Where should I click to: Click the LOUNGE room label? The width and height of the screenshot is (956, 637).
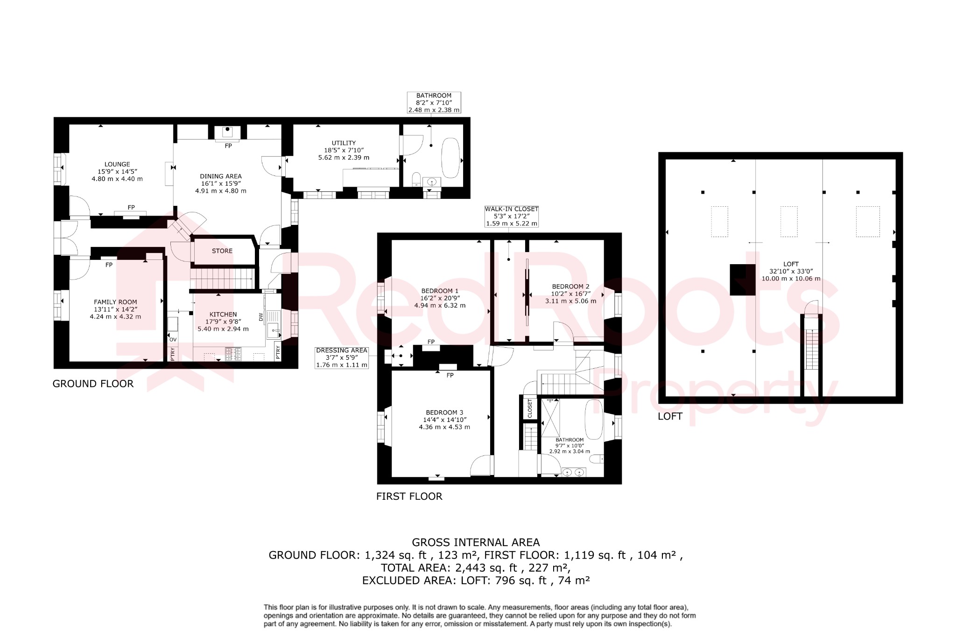(x=117, y=164)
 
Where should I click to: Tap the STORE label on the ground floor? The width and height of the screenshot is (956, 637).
(x=222, y=251)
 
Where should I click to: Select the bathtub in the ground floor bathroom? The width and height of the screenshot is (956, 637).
(x=450, y=157)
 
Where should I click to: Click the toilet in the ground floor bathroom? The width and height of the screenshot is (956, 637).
(x=416, y=180)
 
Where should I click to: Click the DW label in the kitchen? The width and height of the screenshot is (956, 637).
(x=261, y=316)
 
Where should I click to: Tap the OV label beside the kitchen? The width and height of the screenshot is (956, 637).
(x=173, y=339)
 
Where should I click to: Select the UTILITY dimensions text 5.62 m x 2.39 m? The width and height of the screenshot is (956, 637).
(x=344, y=158)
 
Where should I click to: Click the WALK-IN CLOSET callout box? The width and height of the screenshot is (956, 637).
(x=512, y=217)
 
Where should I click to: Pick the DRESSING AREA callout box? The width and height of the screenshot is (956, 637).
(x=342, y=358)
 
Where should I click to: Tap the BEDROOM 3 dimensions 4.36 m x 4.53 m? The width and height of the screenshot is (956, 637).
(x=444, y=427)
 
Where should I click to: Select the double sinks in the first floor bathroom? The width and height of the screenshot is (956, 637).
(x=573, y=473)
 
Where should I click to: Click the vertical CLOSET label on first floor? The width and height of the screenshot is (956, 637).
(x=530, y=408)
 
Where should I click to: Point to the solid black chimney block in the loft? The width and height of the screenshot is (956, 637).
(x=742, y=280)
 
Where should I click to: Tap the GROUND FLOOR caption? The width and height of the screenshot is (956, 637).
(x=93, y=384)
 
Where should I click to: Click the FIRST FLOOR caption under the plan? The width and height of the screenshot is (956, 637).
(x=409, y=497)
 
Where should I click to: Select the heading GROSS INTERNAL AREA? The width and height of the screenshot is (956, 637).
(x=476, y=542)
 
